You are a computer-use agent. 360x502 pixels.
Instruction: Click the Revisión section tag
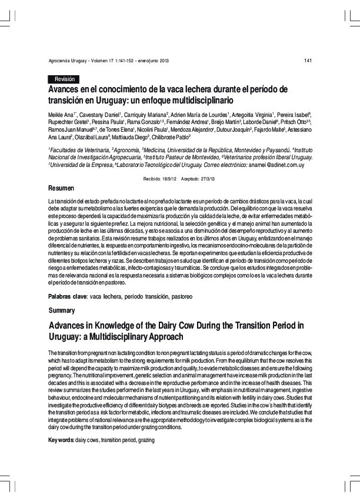point(63,79)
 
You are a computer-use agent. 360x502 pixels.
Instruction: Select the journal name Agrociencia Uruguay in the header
point(66,61)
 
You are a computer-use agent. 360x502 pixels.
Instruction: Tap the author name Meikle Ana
point(61,113)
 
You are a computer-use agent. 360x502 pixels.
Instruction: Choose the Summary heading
point(61,309)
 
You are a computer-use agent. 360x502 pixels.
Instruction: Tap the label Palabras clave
point(66,297)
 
